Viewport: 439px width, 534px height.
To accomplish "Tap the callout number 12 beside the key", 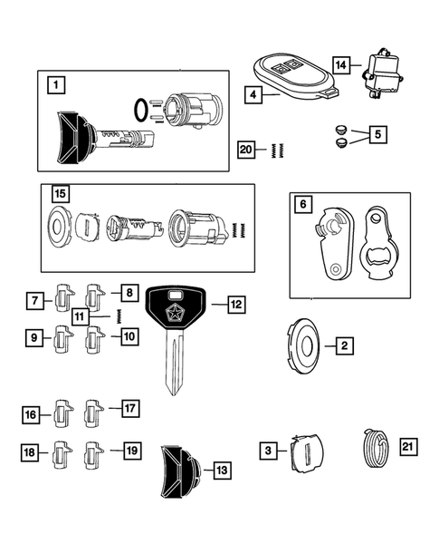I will click(x=234, y=306).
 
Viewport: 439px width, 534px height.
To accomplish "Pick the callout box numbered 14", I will click(x=340, y=65).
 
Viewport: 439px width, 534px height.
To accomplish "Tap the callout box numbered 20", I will click(x=245, y=150).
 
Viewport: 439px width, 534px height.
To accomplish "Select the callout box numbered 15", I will click(x=59, y=195).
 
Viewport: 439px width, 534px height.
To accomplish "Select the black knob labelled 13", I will click(x=178, y=470).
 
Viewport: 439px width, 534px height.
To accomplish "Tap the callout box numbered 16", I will click(x=32, y=415).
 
